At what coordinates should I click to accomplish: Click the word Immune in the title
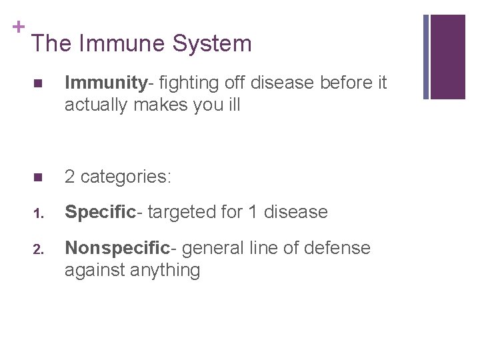pyautogui.click(x=120, y=44)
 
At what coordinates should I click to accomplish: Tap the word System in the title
pyautogui.click(x=211, y=44)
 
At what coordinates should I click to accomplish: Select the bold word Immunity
pyautogui.click(x=105, y=83)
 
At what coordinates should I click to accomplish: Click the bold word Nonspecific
pyautogui.click(x=117, y=248)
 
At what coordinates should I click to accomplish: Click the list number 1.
pyautogui.click(x=39, y=214)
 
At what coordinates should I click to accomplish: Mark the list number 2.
pyautogui.click(x=39, y=250)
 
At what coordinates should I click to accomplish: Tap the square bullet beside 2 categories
pyautogui.click(x=38, y=178)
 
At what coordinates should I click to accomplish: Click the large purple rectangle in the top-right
pyautogui.click(x=447, y=57)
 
